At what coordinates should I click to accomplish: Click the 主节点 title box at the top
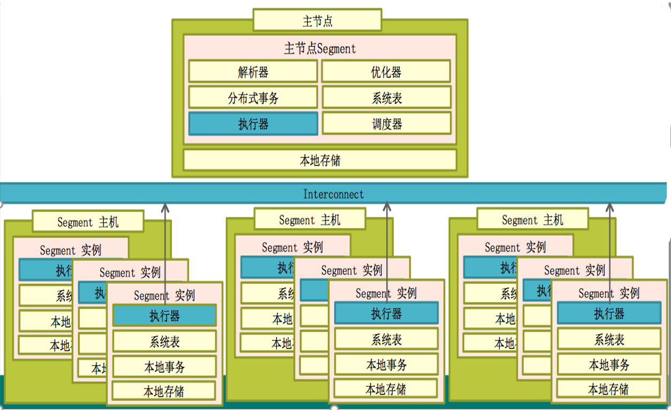[x=317, y=20]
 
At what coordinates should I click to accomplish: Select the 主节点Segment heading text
[x=320, y=49]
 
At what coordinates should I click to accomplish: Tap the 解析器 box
[x=253, y=72]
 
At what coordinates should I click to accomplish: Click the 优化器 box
[x=386, y=72]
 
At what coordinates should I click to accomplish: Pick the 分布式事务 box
[x=253, y=98]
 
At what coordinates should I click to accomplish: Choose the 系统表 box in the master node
[x=386, y=98]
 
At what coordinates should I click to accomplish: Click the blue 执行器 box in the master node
[x=253, y=124]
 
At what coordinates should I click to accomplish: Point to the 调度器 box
[x=386, y=124]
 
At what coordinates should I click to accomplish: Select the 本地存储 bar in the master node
[x=320, y=160]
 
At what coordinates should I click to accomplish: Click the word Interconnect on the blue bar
[x=333, y=194]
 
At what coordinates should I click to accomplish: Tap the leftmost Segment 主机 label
[x=88, y=222]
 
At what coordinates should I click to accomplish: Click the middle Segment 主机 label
[x=310, y=220]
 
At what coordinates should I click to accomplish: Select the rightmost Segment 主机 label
[x=532, y=219]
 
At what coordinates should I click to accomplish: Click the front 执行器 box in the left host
[x=164, y=316]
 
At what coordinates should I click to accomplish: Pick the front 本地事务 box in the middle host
[x=386, y=365]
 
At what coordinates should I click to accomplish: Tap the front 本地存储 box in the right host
[x=609, y=389]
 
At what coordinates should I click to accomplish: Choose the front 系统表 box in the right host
[x=609, y=339]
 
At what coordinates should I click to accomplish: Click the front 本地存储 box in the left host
[x=164, y=391]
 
